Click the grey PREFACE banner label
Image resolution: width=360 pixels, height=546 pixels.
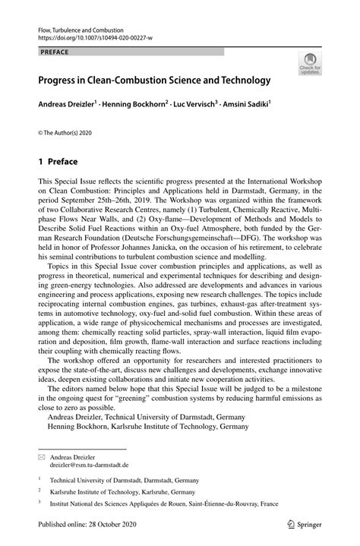point(54,52)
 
